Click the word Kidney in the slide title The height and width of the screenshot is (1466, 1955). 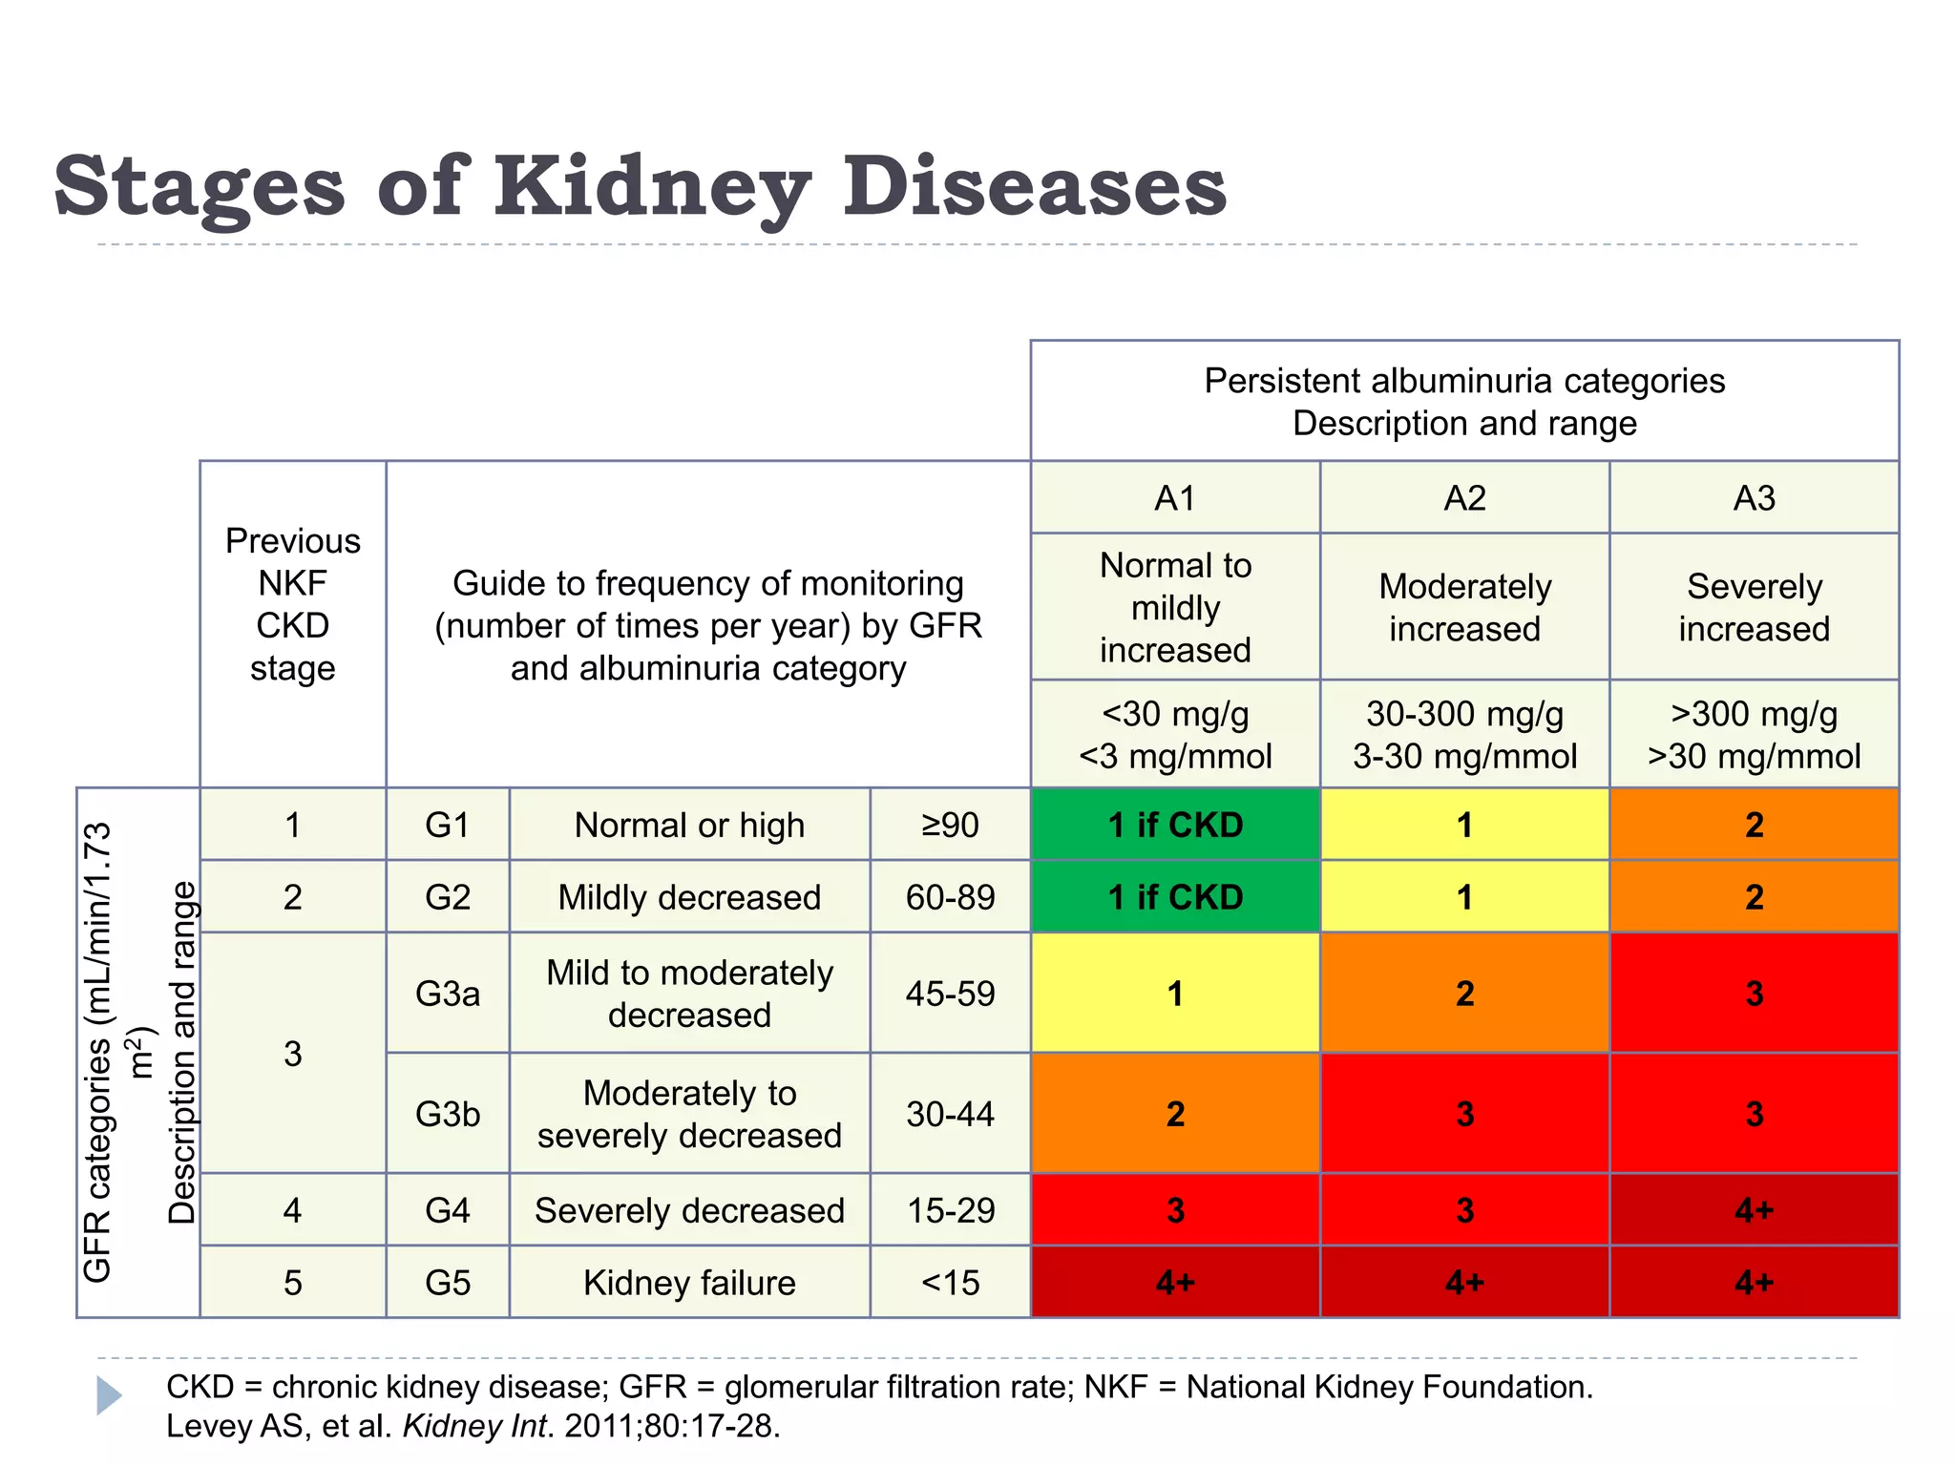tap(652, 186)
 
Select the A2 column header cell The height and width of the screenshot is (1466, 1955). tap(1464, 498)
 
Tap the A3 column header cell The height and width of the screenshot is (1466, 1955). tap(1754, 498)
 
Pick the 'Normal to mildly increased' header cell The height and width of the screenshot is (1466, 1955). tap(1175, 607)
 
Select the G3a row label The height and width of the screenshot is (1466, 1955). tap(448, 994)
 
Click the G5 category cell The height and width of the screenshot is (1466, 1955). tap(448, 1282)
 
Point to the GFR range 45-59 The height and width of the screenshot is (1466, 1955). tap(950, 994)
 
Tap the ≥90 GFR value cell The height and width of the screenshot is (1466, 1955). tap(950, 825)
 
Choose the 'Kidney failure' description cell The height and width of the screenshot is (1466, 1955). tap(689, 1282)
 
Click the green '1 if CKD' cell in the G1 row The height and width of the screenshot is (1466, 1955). tap(1175, 825)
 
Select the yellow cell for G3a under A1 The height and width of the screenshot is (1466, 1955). tap(1175, 994)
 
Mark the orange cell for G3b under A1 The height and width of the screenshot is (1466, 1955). tap(1175, 1114)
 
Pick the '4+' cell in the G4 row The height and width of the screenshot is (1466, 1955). tap(1754, 1210)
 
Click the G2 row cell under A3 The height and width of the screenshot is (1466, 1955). tap(1754, 897)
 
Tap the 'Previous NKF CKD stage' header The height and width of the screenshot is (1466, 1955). tap(293, 604)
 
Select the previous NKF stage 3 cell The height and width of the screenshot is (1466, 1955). tap(293, 1054)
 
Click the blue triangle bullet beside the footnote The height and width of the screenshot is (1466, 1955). tap(109, 1395)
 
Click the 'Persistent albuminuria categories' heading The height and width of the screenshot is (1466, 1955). tap(1464, 381)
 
